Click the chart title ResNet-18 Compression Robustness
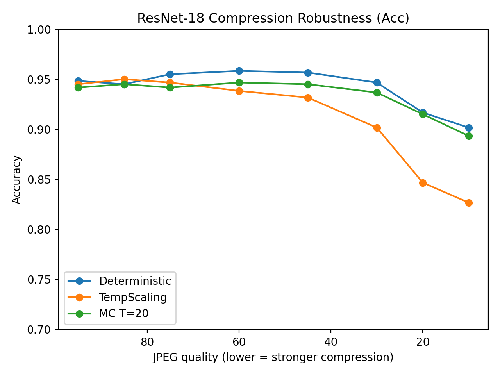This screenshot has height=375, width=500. tap(273, 18)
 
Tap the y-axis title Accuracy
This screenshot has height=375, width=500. tap(17, 179)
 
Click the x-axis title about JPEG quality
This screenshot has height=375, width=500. tap(273, 357)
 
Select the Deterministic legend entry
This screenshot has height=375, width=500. tap(135, 281)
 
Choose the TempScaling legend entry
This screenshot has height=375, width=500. tap(132, 297)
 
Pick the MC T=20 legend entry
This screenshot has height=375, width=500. tap(123, 313)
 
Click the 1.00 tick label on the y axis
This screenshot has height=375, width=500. tap(39, 30)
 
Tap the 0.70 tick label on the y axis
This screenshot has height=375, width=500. tap(39, 329)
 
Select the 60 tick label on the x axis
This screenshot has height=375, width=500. tap(239, 342)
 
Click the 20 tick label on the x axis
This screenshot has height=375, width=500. tap(423, 342)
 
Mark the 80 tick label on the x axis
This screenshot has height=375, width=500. tap(147, 342)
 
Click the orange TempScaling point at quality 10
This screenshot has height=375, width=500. tap(469, 203)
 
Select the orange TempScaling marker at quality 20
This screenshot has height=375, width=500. tap(423, 183)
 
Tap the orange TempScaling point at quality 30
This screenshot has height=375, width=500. tap(377, 128)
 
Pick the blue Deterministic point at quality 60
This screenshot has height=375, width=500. tap(239, 71)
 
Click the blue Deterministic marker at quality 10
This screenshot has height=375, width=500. tap(469, 128)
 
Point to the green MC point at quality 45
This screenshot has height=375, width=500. tap(308, 84)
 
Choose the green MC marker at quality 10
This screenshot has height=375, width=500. tap(469, 136)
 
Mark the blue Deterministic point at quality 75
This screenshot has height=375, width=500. tap(170, 74)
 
